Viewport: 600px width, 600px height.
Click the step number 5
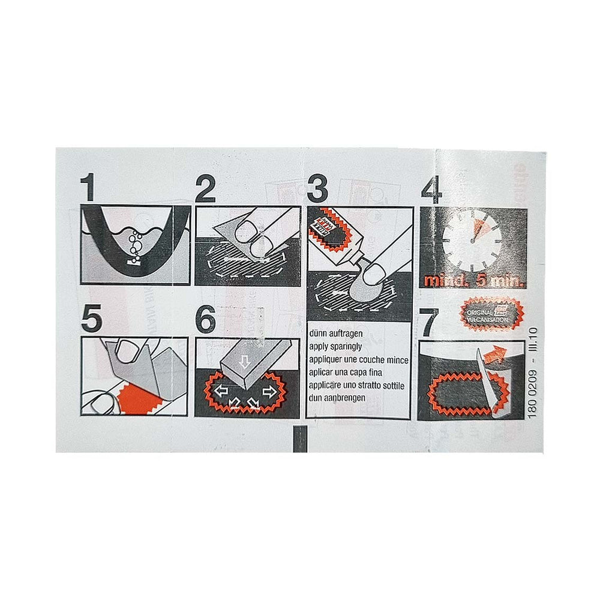pyautogui.click(x=91, y=320)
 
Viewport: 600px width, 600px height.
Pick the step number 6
pyautogui.click(x=205, y=320)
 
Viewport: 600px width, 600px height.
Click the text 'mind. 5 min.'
pyautogui.click(x=473, y=280)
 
